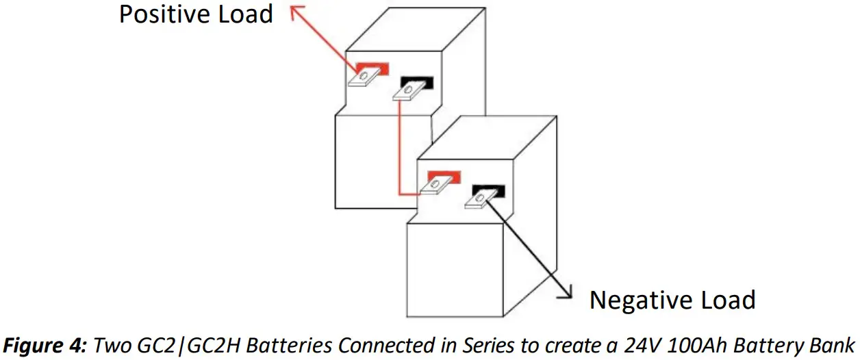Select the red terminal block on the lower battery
coord(444,177)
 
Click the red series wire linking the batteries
coord(400,157)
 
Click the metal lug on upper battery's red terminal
coord(361,78)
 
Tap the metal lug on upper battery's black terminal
coord(407,92)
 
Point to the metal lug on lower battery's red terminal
coord(433,185)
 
